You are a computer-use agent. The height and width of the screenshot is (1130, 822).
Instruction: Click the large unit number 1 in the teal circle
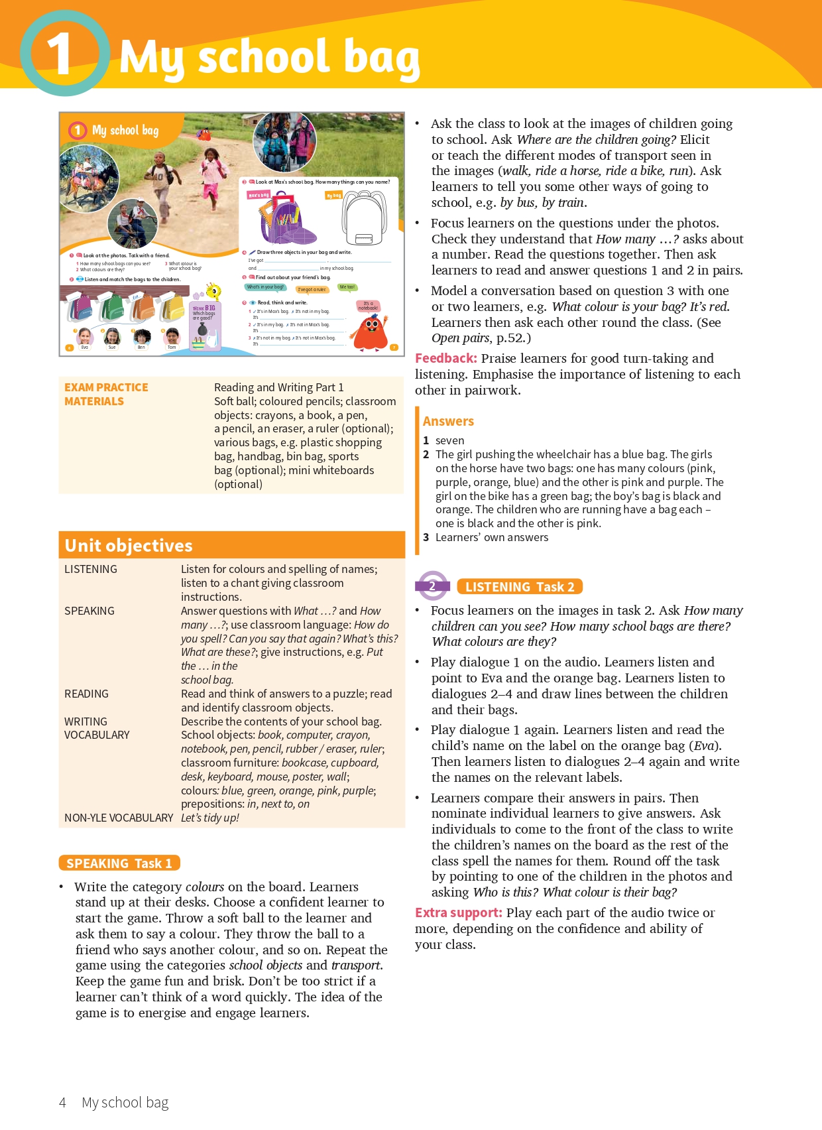coord(60,54)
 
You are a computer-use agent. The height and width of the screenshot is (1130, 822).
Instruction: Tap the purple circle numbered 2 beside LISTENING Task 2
coord(432,586)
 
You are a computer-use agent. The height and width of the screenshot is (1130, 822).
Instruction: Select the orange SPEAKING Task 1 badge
coord(119,863)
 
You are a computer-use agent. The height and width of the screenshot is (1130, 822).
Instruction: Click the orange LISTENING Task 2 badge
coord(520,587)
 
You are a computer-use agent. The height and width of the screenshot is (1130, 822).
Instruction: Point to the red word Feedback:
coord(445,359)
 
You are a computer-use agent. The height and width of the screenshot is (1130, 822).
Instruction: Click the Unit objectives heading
coord(129,546)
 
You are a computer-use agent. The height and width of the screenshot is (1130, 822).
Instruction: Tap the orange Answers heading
coord(448,421)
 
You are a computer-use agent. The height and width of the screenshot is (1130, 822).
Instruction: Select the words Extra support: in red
coord(458,913)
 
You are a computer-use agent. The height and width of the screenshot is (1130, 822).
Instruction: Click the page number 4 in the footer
coord(62,1102)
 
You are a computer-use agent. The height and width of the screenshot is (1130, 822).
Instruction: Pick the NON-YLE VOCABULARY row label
coord(119,818)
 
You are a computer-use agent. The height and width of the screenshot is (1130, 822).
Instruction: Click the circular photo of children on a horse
coord(88,178)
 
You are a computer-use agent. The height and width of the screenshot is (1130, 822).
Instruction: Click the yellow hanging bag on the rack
coord(172,307)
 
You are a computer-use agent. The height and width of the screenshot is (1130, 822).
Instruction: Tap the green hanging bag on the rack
coord(115,307)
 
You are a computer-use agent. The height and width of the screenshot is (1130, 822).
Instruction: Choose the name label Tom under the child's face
coord(172,347)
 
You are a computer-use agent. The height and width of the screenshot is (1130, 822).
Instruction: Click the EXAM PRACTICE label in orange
coord(106,387)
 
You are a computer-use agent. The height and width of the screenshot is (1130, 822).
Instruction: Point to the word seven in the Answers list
coord(449,440)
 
